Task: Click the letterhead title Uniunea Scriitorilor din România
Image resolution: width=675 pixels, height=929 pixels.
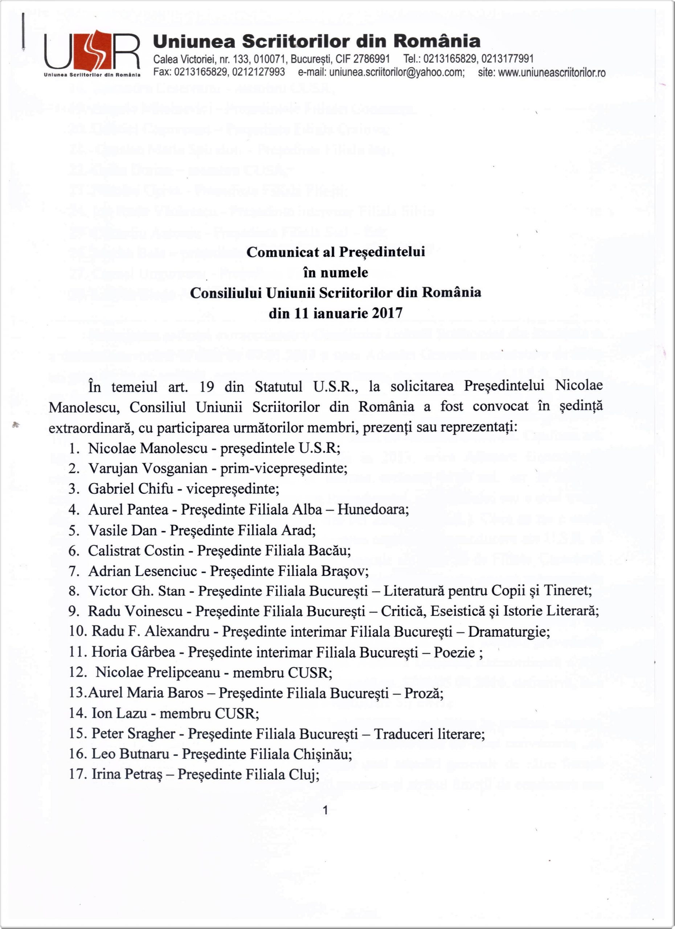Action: point(316,41)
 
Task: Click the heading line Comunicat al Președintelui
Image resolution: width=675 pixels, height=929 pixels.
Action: point(335,252)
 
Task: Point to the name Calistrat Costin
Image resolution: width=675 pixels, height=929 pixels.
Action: point(136,551)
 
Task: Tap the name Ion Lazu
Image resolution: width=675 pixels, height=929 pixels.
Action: point(119,713)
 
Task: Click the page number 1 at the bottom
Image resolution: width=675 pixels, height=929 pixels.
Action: point(326,810)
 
